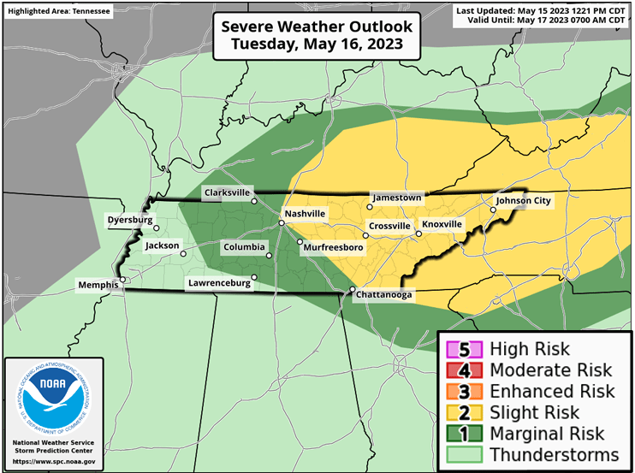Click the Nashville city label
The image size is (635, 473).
306,213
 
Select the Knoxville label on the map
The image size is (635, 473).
442,224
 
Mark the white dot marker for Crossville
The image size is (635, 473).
362,234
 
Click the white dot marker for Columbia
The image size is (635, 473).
268,255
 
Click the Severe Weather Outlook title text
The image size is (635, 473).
317,27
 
